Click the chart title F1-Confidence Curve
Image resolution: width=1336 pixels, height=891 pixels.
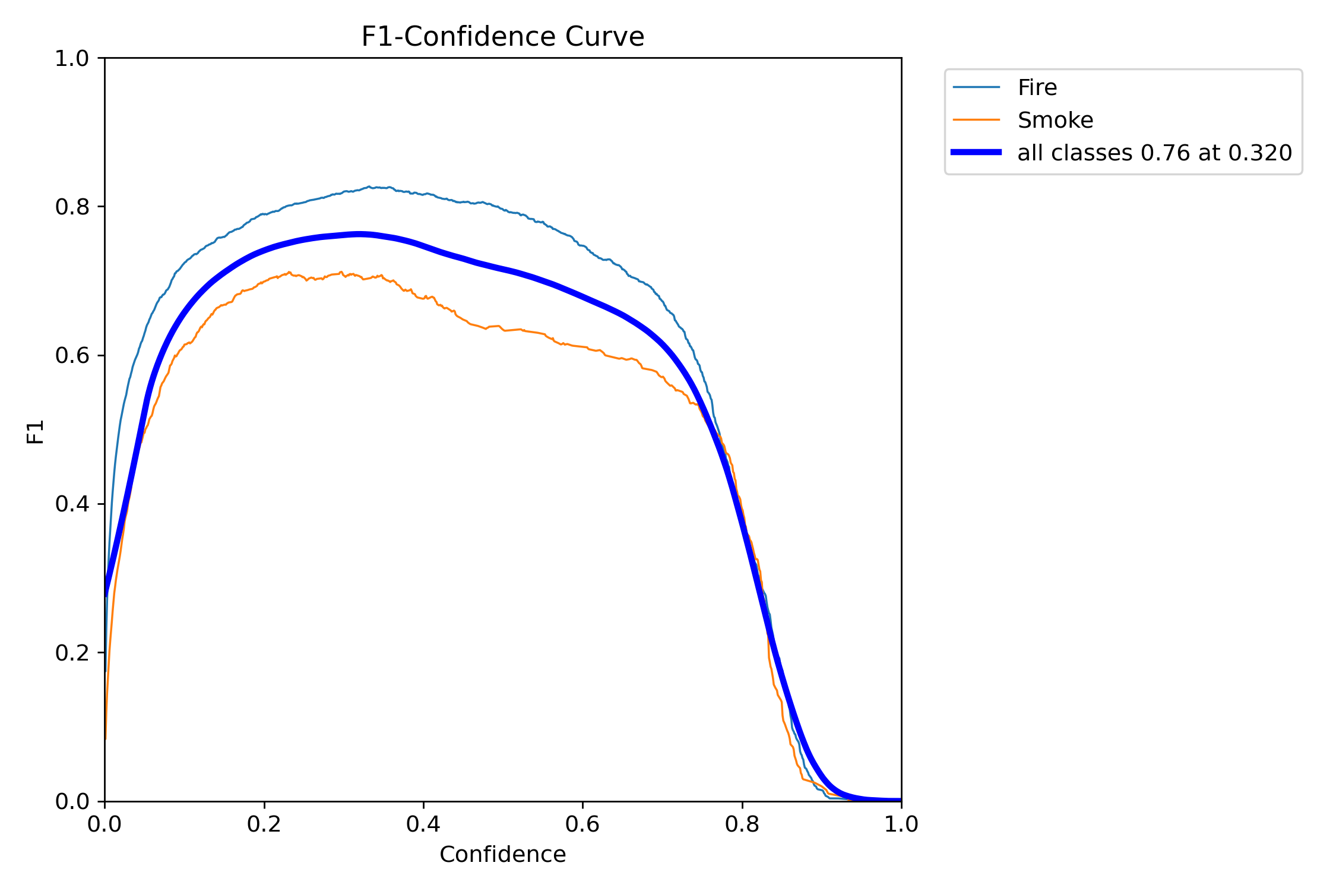502,37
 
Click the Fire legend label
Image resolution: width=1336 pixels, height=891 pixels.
1037,88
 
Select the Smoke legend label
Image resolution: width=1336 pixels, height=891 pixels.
1055,121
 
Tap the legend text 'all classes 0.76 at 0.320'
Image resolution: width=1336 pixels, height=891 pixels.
1154,153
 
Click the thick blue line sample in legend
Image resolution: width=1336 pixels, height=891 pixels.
976,153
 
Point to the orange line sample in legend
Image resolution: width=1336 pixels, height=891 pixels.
976,120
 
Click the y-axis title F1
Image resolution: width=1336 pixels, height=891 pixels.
36,432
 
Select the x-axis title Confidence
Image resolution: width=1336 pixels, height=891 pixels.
502,854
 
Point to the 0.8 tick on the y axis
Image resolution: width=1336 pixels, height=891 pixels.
71,207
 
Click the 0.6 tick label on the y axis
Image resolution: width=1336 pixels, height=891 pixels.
71,355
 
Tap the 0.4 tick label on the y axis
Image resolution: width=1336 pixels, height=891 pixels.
71,504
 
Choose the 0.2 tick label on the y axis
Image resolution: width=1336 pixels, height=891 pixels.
71,653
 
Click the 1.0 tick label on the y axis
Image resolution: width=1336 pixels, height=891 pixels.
71,58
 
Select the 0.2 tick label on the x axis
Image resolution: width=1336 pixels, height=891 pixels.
264,824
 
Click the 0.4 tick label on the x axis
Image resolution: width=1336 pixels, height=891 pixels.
423,824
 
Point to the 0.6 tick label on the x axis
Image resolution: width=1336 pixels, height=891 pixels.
582,824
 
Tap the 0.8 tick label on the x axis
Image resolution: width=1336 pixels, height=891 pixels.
742,824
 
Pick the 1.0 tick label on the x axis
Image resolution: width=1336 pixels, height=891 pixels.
901,824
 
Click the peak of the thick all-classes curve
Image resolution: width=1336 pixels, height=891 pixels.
360,235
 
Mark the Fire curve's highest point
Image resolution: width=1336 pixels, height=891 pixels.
369,187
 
